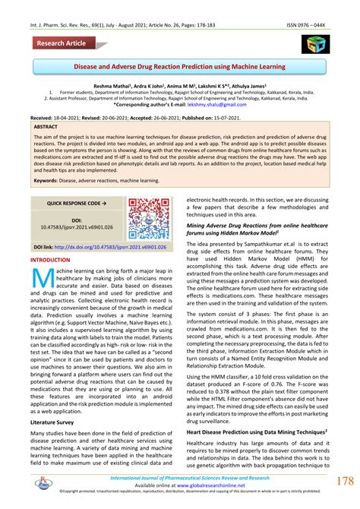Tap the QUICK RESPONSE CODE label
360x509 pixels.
[x=74, y=204]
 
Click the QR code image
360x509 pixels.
[x=148, y=219]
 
